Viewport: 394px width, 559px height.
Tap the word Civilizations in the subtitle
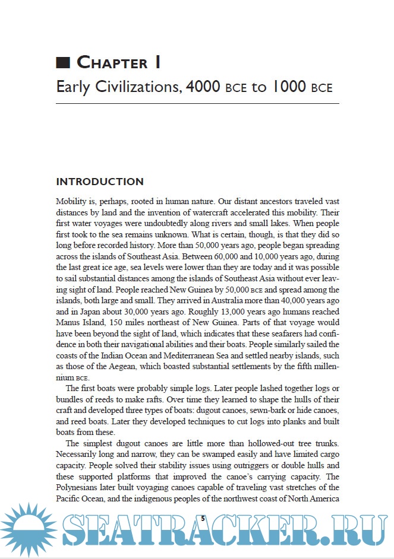click(136, 87)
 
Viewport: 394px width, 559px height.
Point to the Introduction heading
click(99, 182)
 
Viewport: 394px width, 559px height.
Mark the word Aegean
click(130, 366)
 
